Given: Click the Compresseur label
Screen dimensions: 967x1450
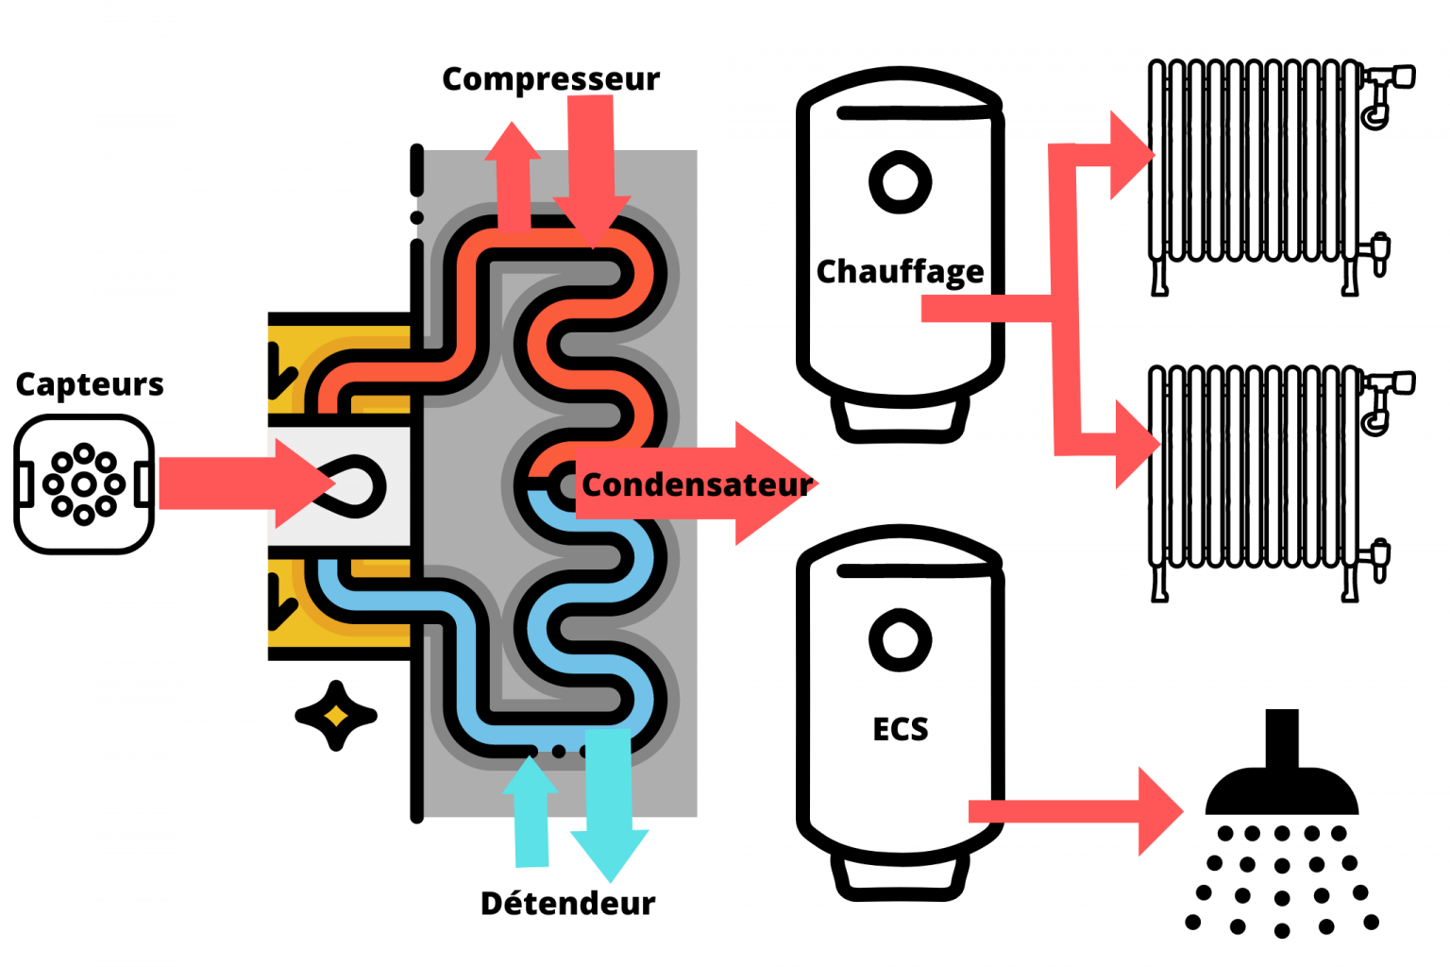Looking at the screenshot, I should (x=550, y=79).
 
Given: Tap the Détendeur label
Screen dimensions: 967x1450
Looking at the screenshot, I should (x=567, y=904).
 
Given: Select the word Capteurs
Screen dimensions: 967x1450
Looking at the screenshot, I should (x=90, y=384).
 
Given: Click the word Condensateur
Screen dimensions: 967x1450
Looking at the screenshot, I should (x=696, y=484).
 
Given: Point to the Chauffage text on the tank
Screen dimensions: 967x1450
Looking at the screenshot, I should (x=900, y=272).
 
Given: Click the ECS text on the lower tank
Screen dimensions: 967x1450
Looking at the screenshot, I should (x=900, y=729).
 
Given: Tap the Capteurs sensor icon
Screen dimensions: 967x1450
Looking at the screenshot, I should (x=84, y=484).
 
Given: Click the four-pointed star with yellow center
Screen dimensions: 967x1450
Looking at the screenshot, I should (x=336, y=716).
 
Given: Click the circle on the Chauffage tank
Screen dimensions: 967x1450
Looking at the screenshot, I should (x=900, y=181).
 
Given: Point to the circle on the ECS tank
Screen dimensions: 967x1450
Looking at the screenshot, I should (x=900, y=640).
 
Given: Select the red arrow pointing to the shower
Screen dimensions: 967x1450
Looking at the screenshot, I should (x=1076, y=811).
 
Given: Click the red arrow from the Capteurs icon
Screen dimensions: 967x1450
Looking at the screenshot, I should (x=241, y=483).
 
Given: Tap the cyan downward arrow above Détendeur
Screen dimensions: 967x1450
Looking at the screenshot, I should (x=609, y=803).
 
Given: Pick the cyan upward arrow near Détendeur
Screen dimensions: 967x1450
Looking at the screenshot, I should (x=531, y=812).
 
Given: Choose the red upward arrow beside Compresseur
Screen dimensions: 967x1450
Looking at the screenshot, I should (x=513, y=175).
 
